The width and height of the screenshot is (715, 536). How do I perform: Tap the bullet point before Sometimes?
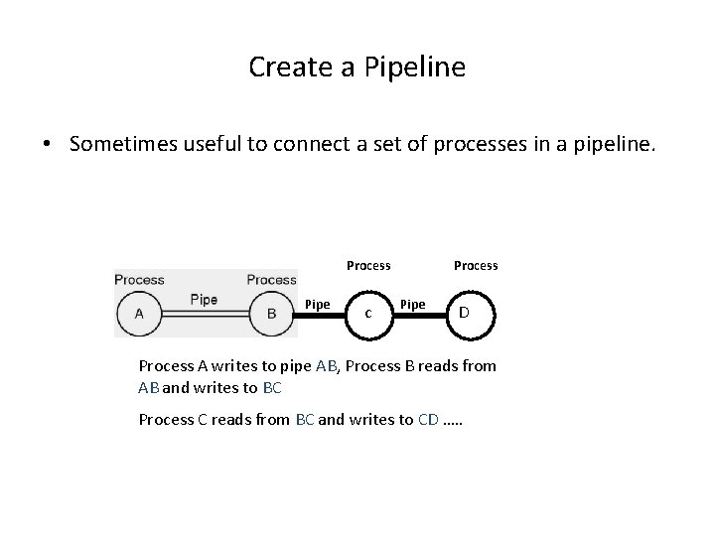(x=47, y=145)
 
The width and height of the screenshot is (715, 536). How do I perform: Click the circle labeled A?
(x=139, y=315)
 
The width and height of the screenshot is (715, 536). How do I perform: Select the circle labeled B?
(x=271, y=315)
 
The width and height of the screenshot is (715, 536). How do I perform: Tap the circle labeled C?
(x=368, y=313)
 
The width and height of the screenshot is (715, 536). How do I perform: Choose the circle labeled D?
(x=464, y=313)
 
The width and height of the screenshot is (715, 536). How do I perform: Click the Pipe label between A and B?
(x=204, y=300)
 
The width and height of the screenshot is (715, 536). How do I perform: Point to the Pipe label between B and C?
(x=317, y=304)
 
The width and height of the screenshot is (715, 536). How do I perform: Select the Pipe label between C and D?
(x=412, y=304)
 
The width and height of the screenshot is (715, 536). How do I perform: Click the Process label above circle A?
(x=139, y=280)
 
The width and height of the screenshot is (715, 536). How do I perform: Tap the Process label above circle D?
(x=476, y=265)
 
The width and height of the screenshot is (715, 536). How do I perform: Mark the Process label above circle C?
(x=368, y=265)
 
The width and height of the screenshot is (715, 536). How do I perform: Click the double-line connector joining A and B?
(x=205, y=315)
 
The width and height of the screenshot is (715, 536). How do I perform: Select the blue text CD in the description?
(x=428, y=420)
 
